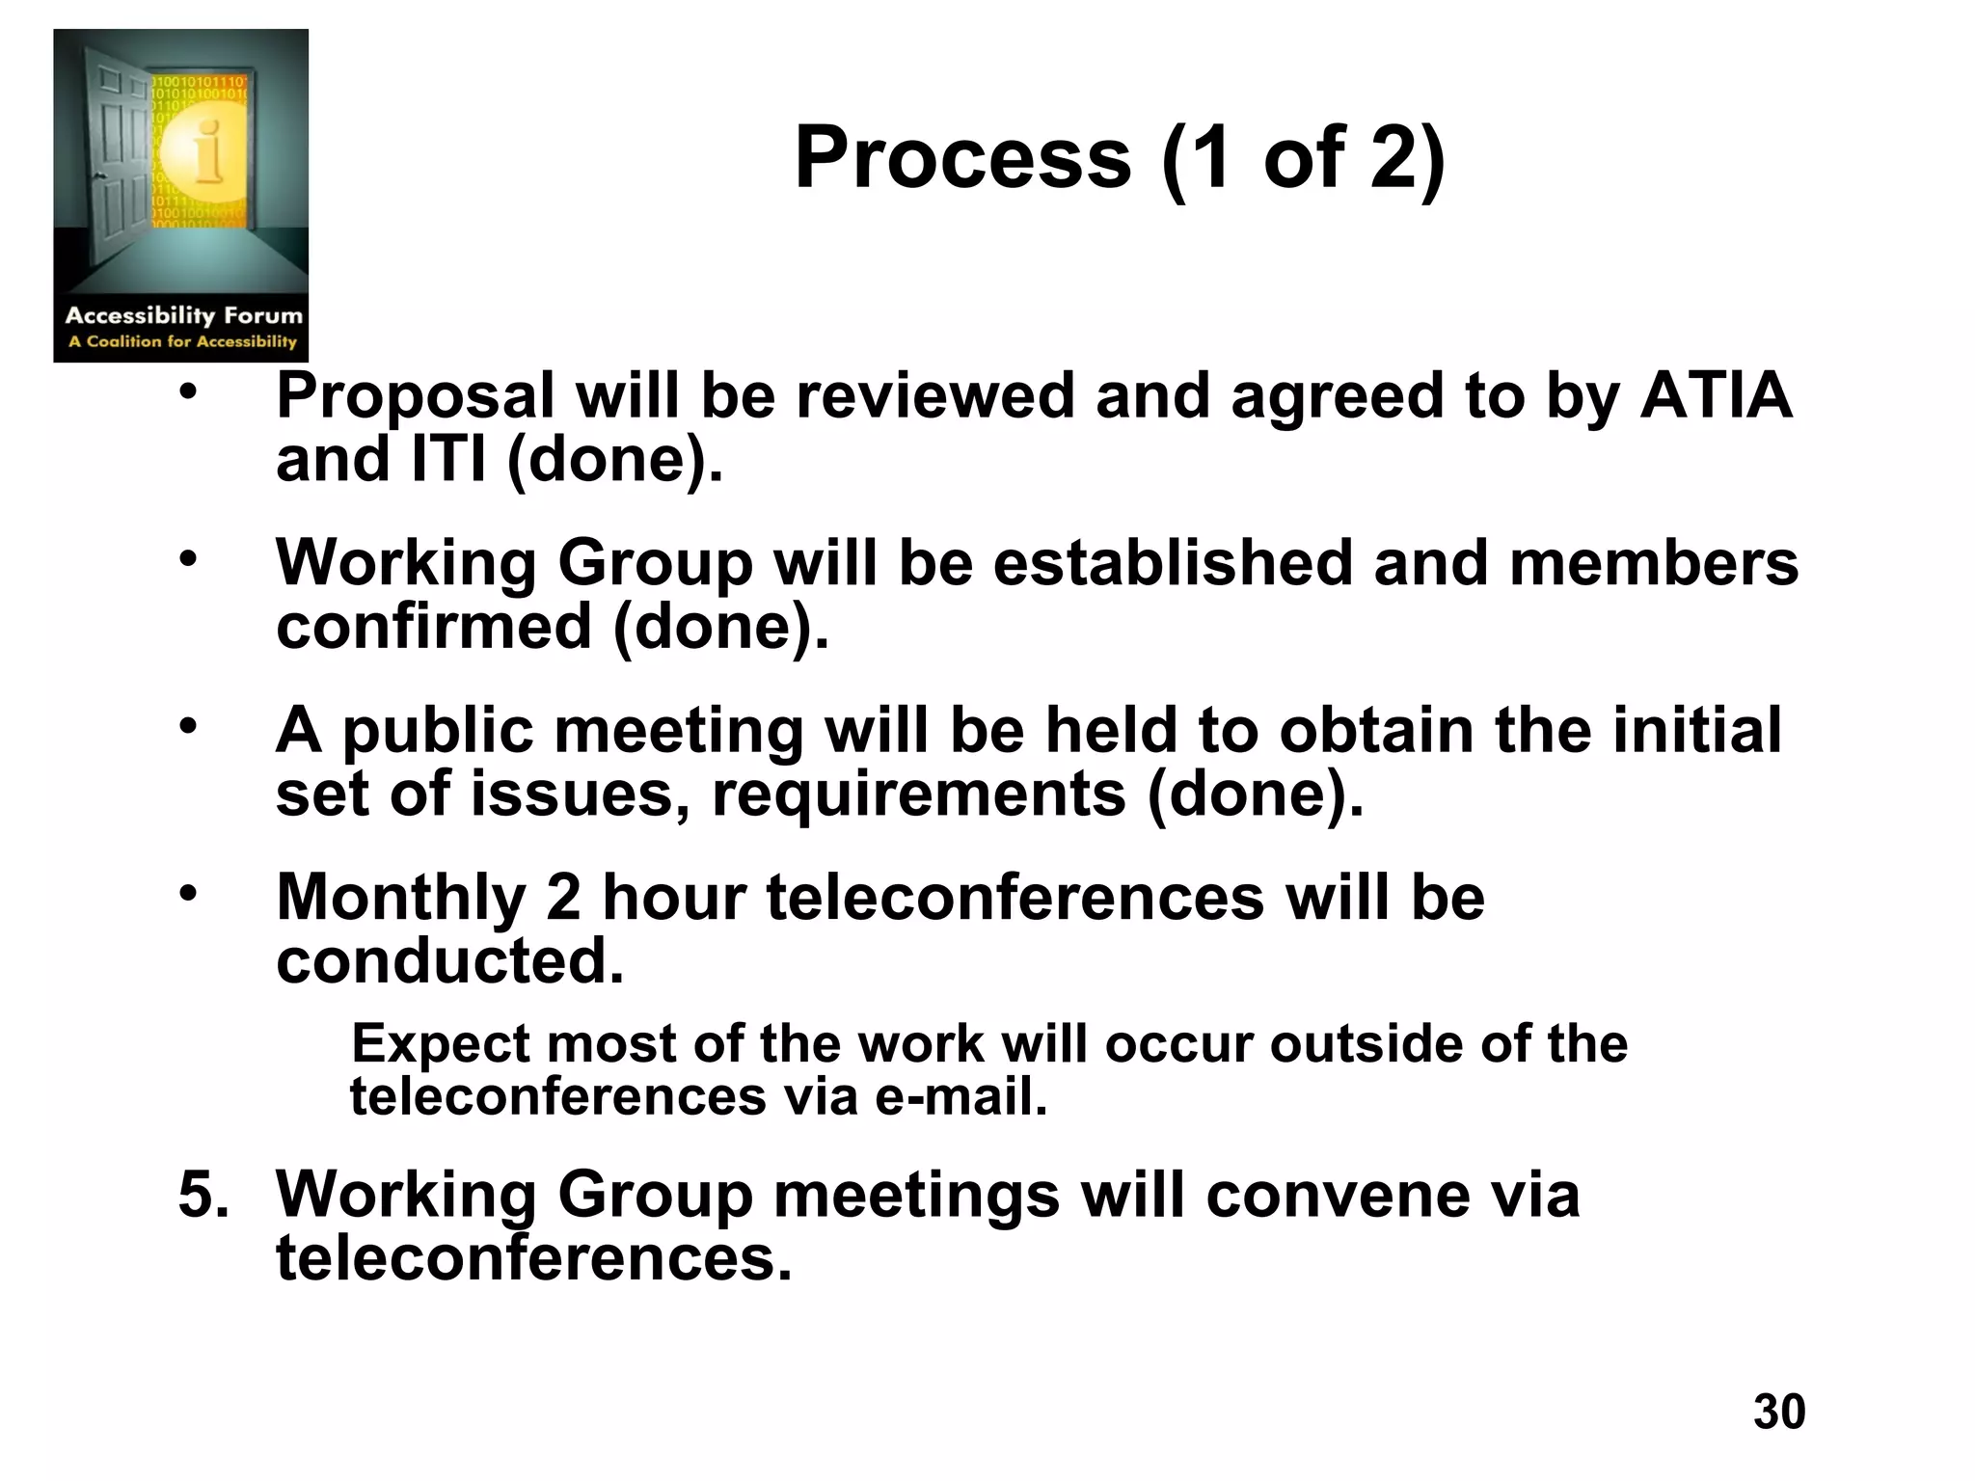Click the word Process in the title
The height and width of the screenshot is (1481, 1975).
click(961, 158)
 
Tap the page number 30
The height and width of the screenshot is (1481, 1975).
click(1779, 1411)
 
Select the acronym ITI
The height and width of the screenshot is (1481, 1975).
click(448, 459)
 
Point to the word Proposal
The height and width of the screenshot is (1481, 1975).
click(416, 397)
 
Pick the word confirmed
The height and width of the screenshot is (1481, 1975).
click(433, 627)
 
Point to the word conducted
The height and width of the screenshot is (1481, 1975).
click(450, 961)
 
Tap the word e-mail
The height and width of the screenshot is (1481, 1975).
click(960, 1097)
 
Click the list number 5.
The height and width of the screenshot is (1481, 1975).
click(203, 1195)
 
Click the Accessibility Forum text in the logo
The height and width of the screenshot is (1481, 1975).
click(183, 315)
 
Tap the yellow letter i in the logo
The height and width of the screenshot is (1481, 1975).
click(205, 151)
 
